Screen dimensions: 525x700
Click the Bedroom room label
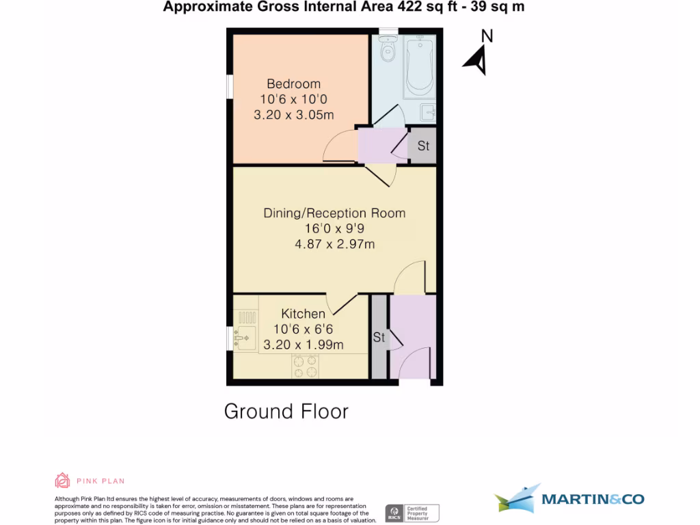(x=293, y=84)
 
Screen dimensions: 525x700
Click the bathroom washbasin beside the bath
(x=429, y=111)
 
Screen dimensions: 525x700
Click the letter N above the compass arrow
(x=487, y=36)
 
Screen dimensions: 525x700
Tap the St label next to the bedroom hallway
(x=423, y=146)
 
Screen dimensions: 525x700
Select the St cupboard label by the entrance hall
(x=379, y=337)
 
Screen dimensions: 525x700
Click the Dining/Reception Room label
(x=334, y=213)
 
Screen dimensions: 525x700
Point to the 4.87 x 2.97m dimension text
(x=334, y=244)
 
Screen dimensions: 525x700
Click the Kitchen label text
(x=304, y=314)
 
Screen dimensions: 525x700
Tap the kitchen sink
(x=243, y=337)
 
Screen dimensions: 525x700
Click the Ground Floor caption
(x=286, y=411)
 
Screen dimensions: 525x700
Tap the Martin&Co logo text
(x=592, y=499)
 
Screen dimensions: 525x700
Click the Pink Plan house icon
(x=62, y=481)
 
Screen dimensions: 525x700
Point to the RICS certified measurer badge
(x=412, y=513)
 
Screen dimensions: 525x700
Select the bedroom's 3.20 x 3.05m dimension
(x=293, y=115)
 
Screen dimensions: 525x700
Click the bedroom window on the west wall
(x=230, y=89)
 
